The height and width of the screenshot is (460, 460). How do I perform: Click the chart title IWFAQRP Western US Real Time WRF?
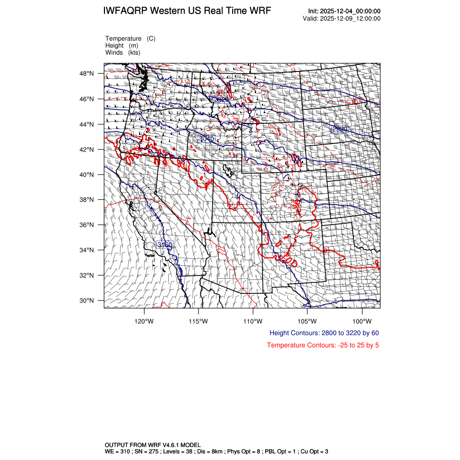187,11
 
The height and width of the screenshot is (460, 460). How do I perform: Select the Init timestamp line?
344,11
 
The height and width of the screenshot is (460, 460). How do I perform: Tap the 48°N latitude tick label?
88,74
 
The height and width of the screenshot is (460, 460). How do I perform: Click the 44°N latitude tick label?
88,124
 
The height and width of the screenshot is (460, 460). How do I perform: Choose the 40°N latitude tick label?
88,175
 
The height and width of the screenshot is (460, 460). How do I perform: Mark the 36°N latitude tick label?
88,225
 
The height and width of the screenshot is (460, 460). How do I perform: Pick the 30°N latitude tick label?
88,300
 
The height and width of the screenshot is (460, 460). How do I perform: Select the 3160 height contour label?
165,245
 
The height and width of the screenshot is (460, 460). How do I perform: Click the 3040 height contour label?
206,139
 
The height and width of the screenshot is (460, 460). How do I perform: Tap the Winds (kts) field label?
123,52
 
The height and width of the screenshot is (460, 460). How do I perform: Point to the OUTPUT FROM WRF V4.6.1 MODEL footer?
156,445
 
